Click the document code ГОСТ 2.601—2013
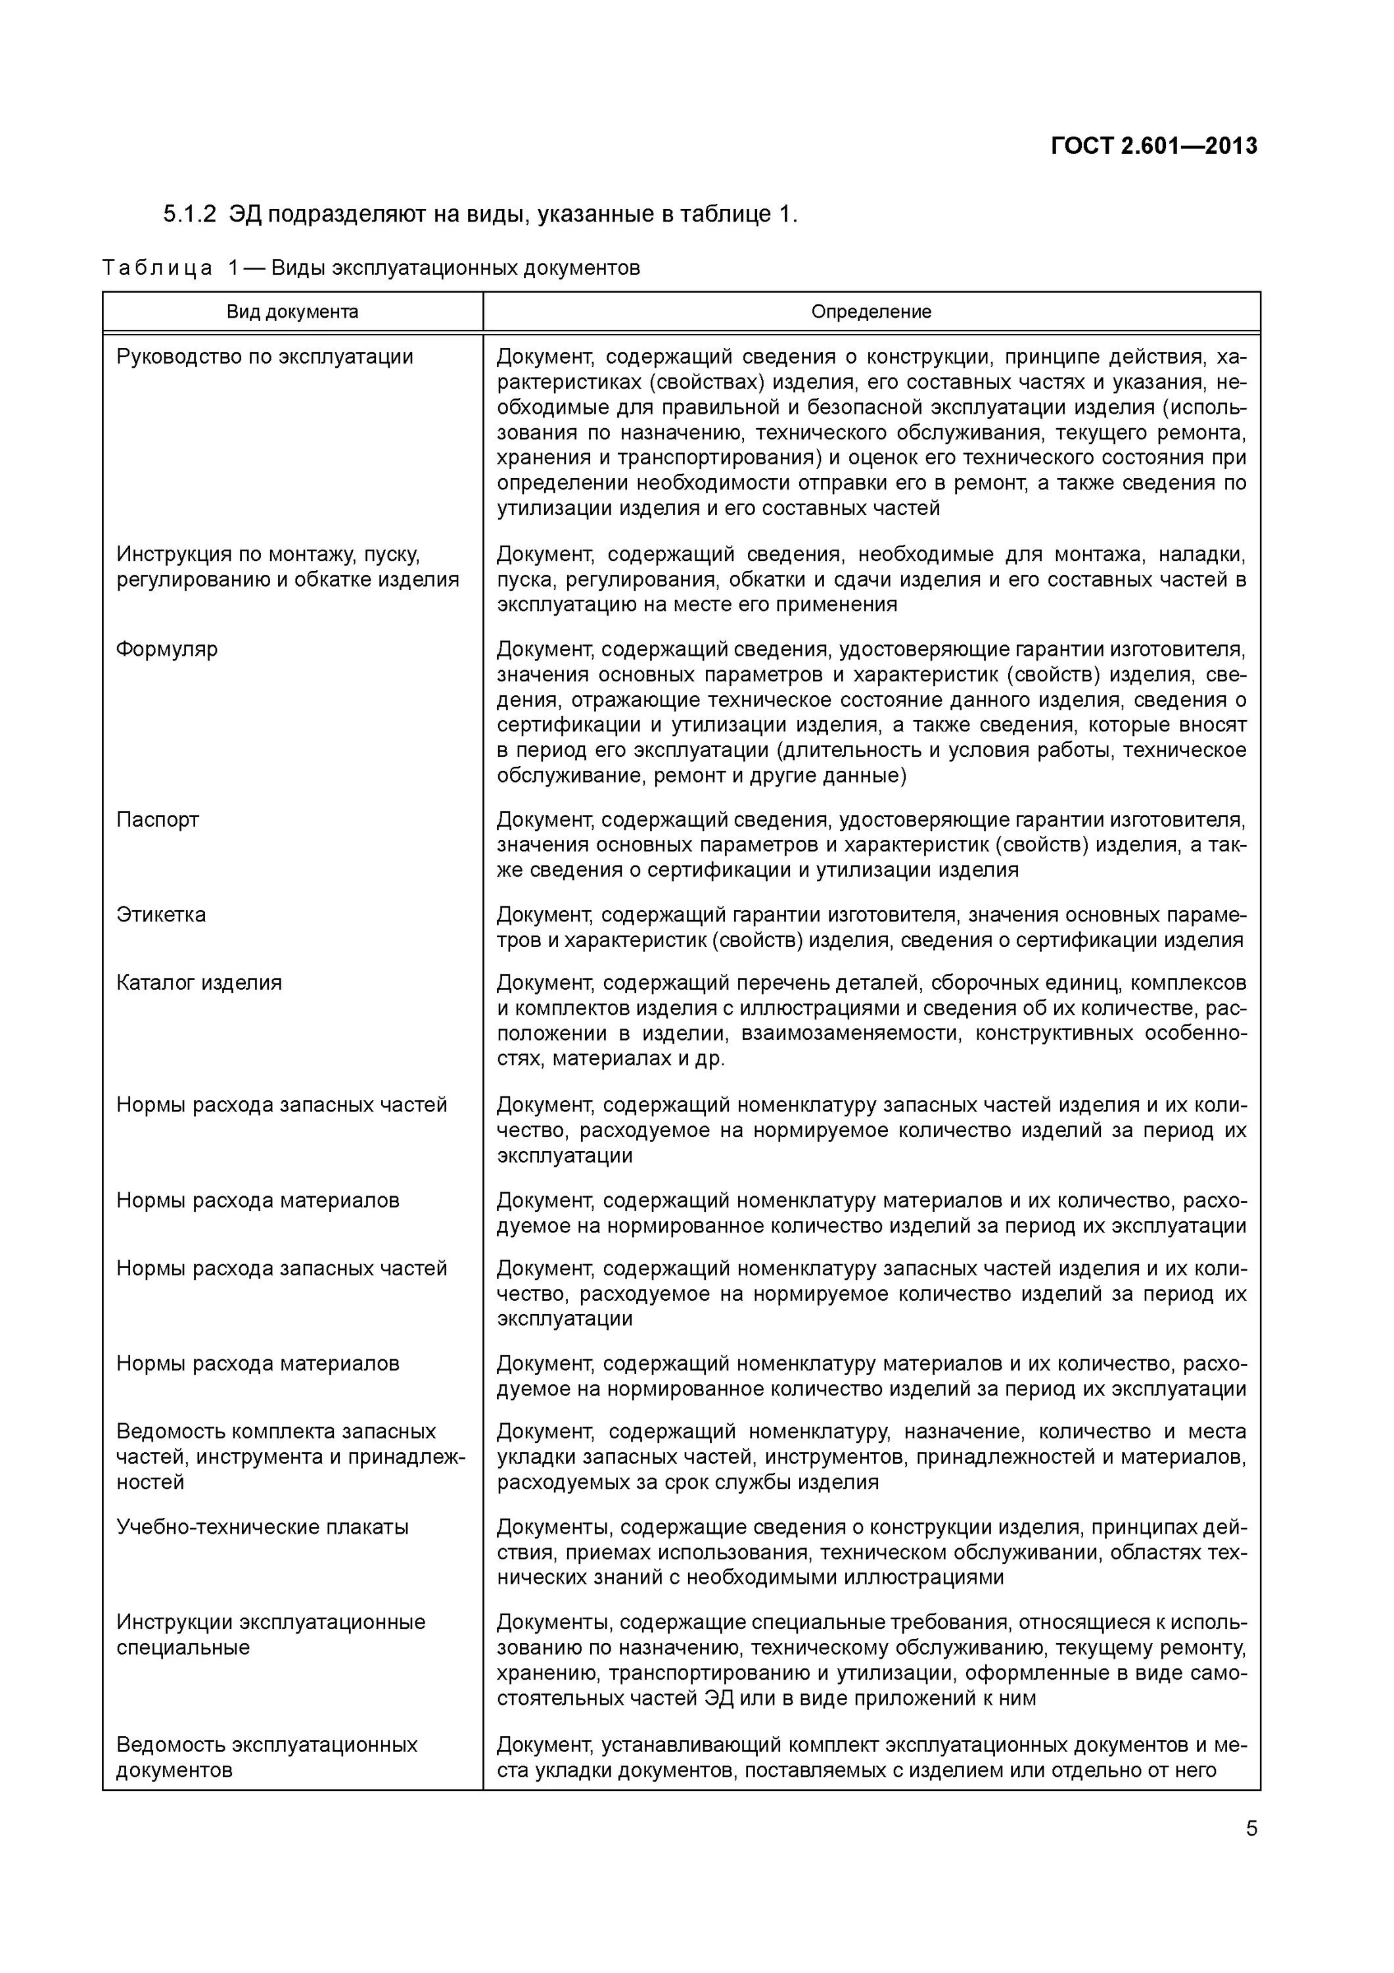pyautogui.click(x=1153, y=146)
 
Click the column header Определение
pyautogui.click(x=871, y=312)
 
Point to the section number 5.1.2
pyautogui.click(x=190, y=214)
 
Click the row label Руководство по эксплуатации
pyautogui.click(x=265, y=356)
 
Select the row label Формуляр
pyautogui.click(x=167, y=648)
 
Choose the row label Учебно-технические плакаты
pyautogui.click(x=262, y=1527)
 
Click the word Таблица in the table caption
pyautogui.click(x=157, y=268)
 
